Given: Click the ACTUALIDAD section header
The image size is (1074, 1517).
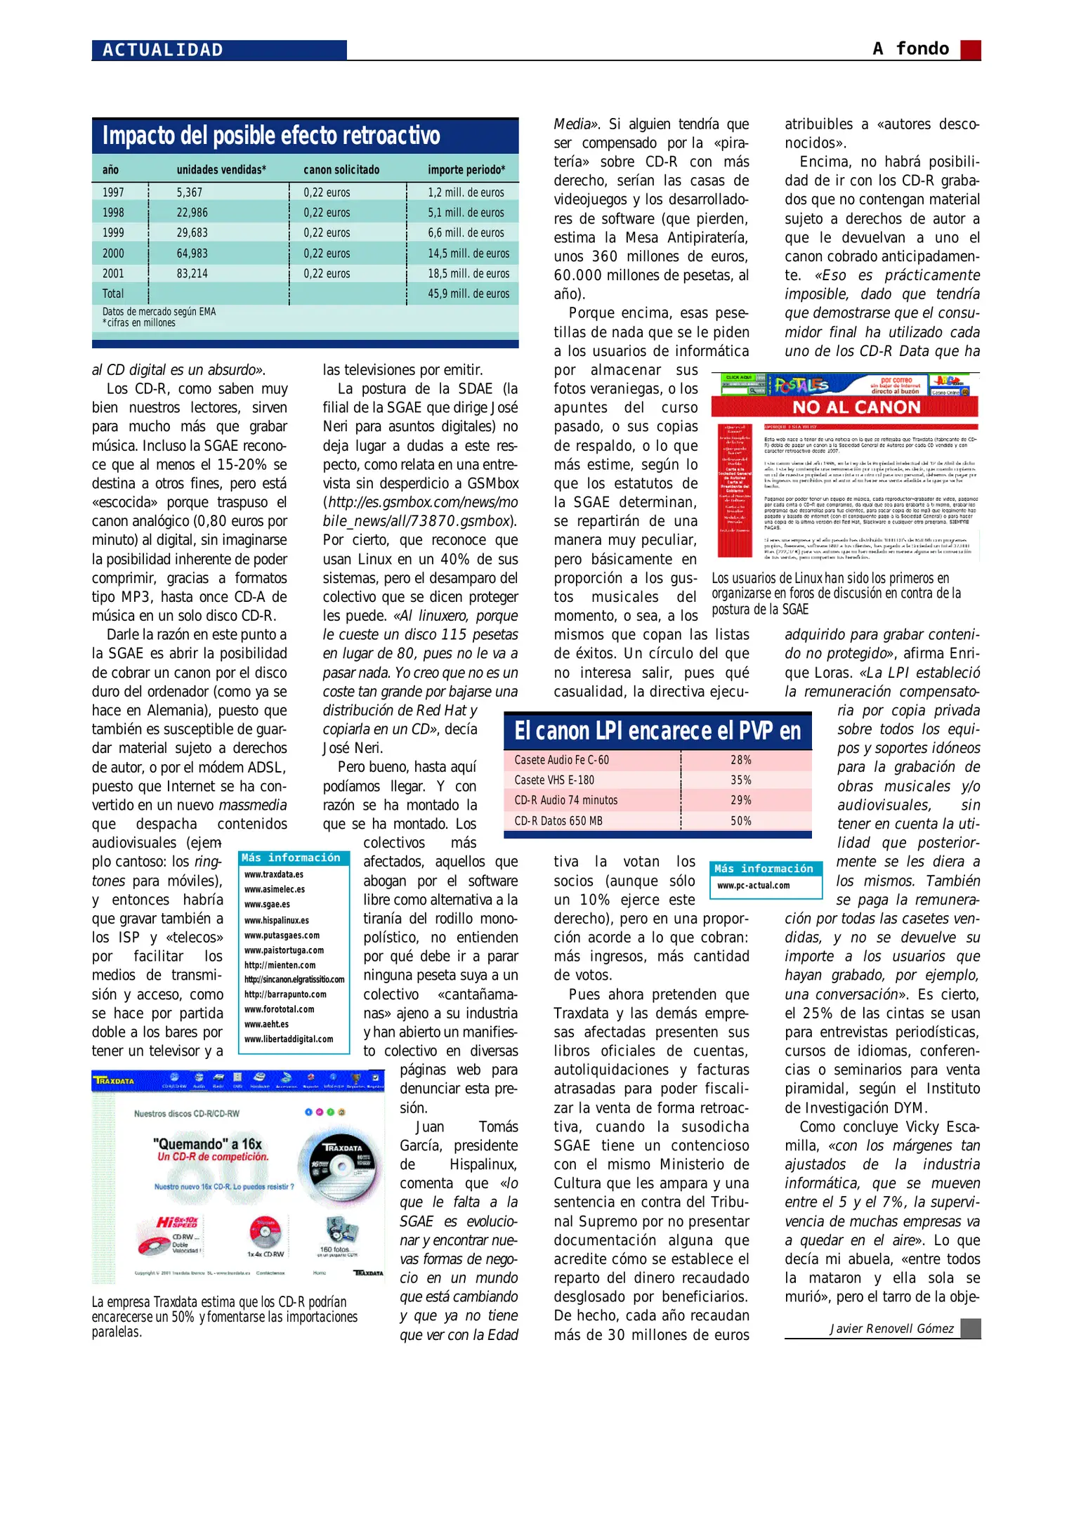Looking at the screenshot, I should pyautogui.click(x=163, y=50).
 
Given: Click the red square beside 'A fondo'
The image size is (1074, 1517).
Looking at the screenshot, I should pyautogui.click(x=970, y=50).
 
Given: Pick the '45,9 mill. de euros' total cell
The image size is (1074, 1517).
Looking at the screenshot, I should pyautogui.click(x=469, y=294).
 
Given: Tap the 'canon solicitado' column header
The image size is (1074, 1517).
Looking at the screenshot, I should pyautogui.click(x=341, y=170).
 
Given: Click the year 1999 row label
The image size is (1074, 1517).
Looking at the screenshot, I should pyautogui.click(x=113, y=232).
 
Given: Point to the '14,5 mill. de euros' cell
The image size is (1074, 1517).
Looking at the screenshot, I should pyautogui.click(x=469, y=253).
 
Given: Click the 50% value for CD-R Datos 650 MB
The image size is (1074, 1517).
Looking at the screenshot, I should pyautogui.click(x=740, y=820).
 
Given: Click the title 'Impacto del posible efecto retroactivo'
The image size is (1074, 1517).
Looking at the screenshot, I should pyautogui.click(x=271, y=136).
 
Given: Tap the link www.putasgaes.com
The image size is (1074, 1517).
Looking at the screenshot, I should pyautogui.click(x=282, y=935).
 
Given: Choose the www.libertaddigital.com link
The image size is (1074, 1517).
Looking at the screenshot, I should pyautogui.click(x=289, y=1039).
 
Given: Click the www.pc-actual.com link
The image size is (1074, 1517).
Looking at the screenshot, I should pyautogui.click(x=753, y=886).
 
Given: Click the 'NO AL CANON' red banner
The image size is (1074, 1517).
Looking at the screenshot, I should pyautogui.click(x=856, y=407).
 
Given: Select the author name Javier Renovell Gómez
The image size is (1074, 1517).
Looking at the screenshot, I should pyautogui.click(x=891, y=1328).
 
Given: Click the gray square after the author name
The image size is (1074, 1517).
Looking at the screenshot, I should pyautogui.click(x=970, y=1328).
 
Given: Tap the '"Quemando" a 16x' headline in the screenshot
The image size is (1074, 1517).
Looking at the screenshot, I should pyautogui.click(x=207, y=1143).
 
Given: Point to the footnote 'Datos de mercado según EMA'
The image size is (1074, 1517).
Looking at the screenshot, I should pyautogui.click(x=159, y=312).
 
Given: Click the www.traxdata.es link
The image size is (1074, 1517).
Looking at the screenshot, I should pyautogui.click(x=274, y=874).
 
